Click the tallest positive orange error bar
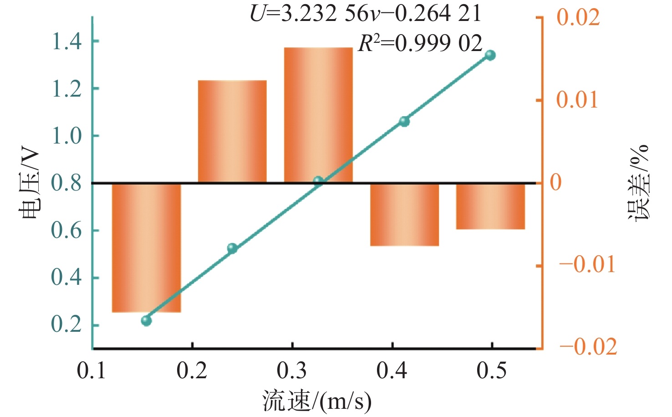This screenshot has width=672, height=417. [x=318, y=115]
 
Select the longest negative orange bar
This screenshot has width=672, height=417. [x=147, y=248]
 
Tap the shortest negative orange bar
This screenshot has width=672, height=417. [x=490, y=206]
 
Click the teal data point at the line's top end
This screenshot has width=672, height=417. [x=490, y=55]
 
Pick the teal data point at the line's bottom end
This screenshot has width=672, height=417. [x=147, y=321]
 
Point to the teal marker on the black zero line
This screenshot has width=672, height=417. [x=318, y=181]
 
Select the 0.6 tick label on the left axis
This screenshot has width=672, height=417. [x=66, y=231]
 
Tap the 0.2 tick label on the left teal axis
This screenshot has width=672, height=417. [x=66, y=324]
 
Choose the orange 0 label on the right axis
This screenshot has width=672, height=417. [x=555, y=182]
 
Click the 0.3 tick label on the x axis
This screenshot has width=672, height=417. [x=292, y=371]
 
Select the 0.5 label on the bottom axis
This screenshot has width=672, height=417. [x=492, y=371]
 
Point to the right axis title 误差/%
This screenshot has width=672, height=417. [x=638, y=183]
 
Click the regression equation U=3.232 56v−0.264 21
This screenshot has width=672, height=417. [x=366, y=14]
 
